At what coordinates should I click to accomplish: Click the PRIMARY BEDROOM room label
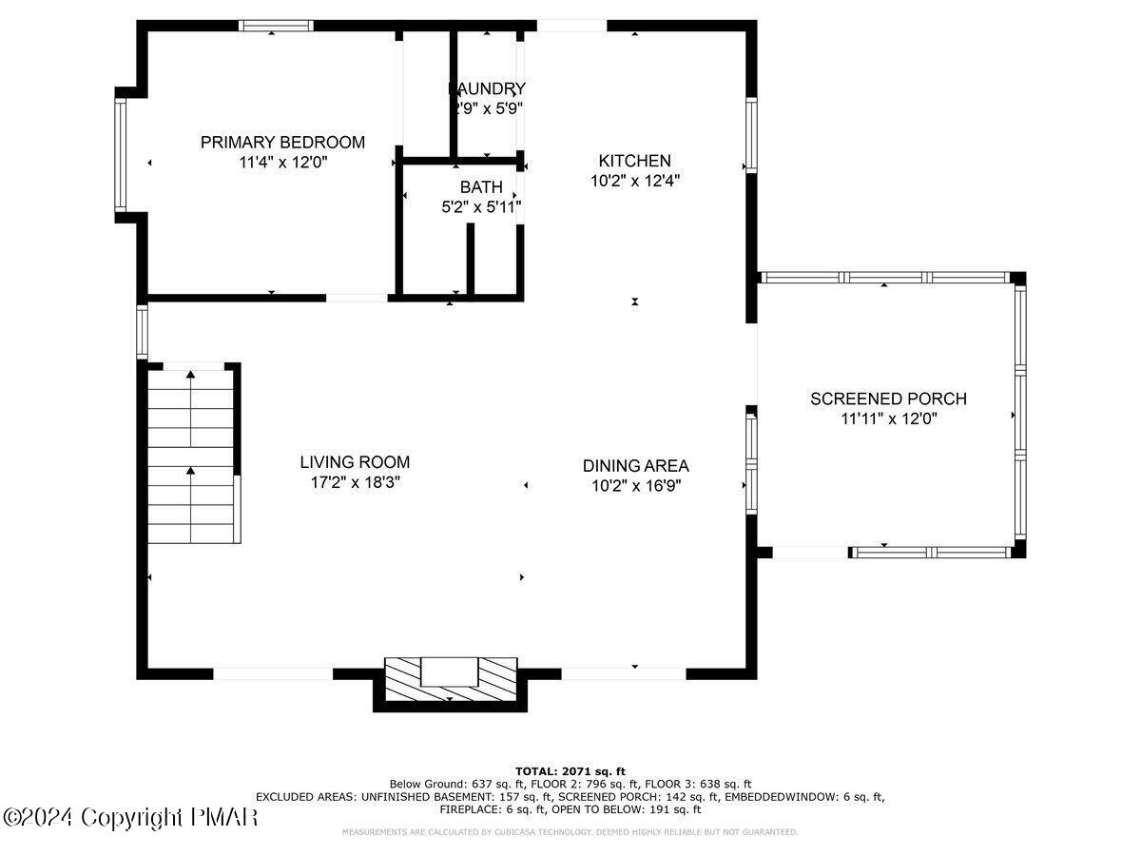point(282,143)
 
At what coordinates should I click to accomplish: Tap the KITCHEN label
point(634,161)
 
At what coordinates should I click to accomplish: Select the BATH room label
point(481,187)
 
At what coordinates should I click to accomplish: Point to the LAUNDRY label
point(487,88)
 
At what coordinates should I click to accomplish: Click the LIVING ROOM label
point(355,462)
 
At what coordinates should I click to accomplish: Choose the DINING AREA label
point(635,466)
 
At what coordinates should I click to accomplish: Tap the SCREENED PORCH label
point(888,399)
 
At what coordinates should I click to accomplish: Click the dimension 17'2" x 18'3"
point(355,482)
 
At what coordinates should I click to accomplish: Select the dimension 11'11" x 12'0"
point(888,418)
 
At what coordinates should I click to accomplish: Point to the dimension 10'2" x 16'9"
point(635,485)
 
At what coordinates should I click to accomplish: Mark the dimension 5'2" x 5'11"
point(481,205)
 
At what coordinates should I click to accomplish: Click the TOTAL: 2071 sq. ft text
point(570,770)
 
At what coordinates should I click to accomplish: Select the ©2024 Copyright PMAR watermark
point(130,817)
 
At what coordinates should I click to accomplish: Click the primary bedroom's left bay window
point(121,154)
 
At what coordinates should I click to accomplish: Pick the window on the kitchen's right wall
point(750,134)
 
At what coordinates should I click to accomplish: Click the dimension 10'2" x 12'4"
point(634,180)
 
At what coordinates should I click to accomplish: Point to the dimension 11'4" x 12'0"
point(282,163)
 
